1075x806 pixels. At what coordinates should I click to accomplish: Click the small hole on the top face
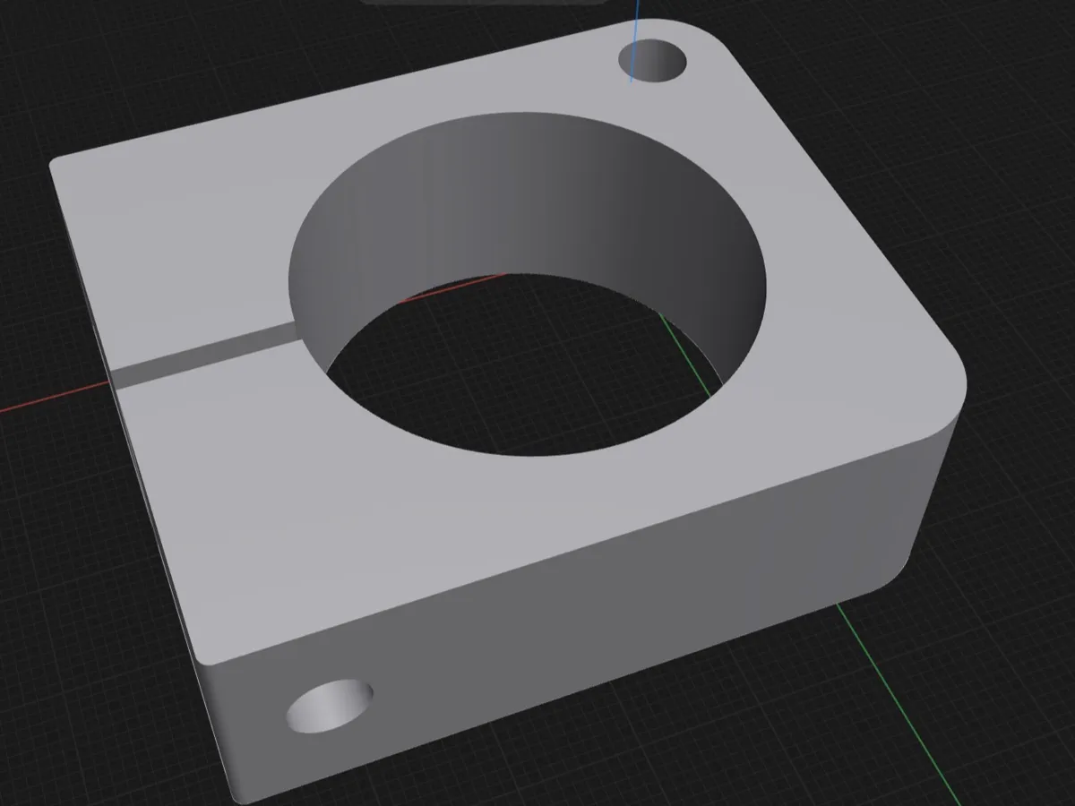[x=653, y=62]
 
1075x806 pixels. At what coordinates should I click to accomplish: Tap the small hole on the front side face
[x=329, y=706]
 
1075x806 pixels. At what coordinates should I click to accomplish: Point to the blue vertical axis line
[x=635, y=36]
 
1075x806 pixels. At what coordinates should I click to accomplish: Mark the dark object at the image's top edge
[x=484, y=3]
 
